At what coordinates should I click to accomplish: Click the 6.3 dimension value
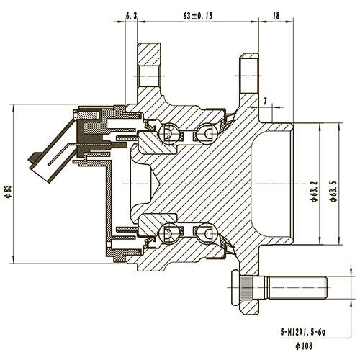pos(131,14)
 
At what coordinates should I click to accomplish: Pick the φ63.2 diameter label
pos(314,190)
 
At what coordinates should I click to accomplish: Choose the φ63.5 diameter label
pos(334,190)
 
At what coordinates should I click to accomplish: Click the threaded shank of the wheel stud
pos(299,289)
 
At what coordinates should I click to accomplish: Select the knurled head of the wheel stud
pos(243,289)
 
